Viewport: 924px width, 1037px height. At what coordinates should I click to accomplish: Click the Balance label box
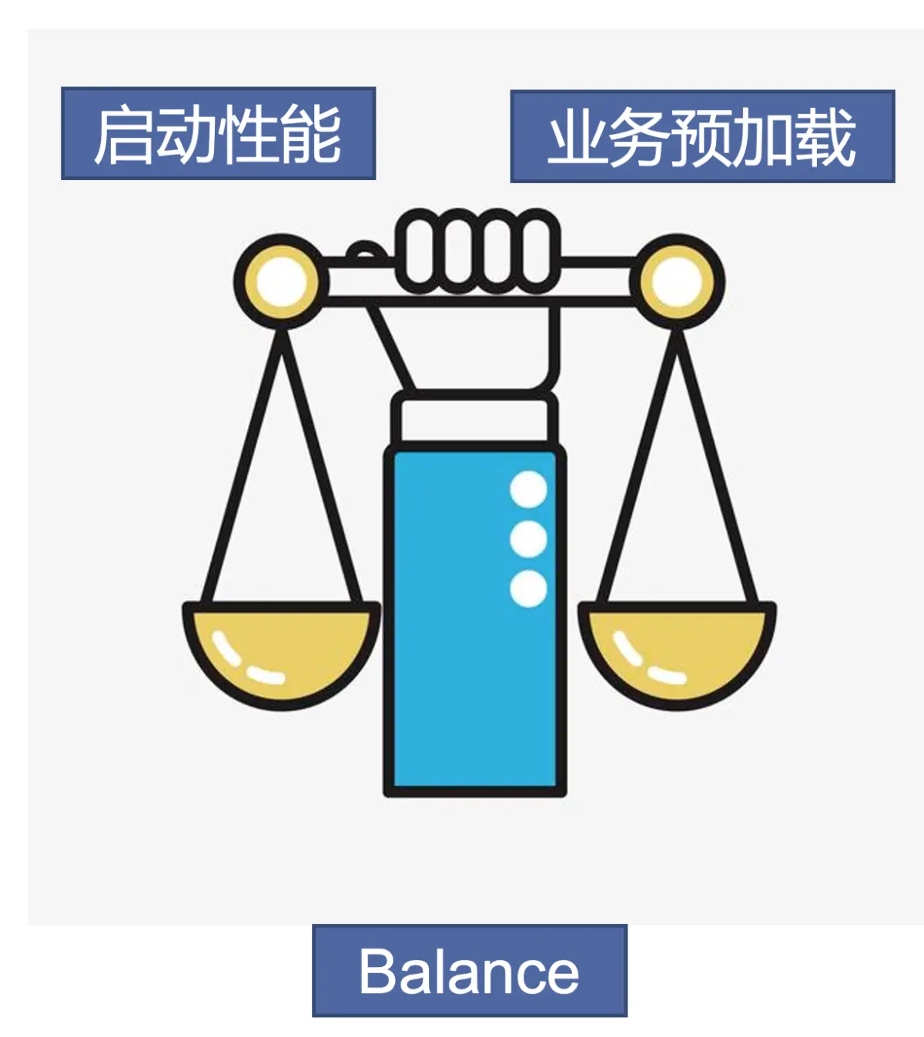click(469, 970)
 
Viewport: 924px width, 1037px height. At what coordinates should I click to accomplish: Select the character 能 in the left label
click(310, 135)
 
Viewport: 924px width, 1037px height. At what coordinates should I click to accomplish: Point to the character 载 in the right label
click(825, 139)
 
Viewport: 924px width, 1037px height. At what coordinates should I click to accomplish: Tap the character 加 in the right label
click(762, 139)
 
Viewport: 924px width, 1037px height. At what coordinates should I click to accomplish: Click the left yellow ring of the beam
click(281, 280)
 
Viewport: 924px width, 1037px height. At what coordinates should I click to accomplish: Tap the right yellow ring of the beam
click(677, 282)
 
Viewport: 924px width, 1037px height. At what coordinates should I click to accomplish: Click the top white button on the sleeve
click(528, 489)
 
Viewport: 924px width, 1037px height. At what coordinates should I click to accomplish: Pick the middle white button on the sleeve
click(528, 539)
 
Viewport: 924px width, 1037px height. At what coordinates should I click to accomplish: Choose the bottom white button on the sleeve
click(528, 589)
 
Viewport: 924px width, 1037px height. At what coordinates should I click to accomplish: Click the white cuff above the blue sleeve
click(474, 420)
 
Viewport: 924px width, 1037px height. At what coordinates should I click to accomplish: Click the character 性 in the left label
click(248, 135)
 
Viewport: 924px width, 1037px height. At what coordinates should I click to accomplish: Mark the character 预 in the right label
click(701, 139)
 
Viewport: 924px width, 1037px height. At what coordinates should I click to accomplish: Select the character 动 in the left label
click(186, 135)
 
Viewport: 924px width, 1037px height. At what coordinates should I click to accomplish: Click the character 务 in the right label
click(639, 139)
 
